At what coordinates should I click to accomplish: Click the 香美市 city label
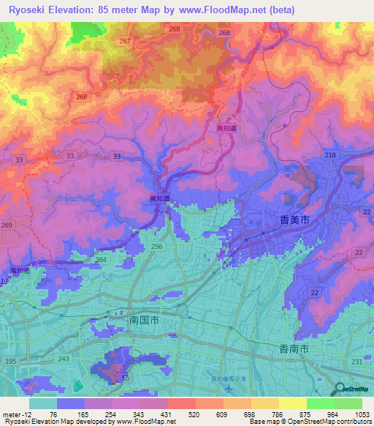(x=296, y=219)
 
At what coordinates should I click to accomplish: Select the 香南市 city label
(x=296, y=348)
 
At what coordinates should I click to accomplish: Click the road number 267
(x=125, y=41)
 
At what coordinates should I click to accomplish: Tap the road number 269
(x=7, y=227)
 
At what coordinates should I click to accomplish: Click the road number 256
(x=156, y=247)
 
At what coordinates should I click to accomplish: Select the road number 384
(x=101, y=260)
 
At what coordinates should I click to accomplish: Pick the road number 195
(x=11, y=362)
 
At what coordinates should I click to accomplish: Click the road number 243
(x=65, y=358)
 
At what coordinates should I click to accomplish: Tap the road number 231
(x=356, y=362)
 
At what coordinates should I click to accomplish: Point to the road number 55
(x=125, y=378)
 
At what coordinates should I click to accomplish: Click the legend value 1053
(x=360, y=414)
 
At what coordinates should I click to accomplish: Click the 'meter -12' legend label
(x=15, y=414)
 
